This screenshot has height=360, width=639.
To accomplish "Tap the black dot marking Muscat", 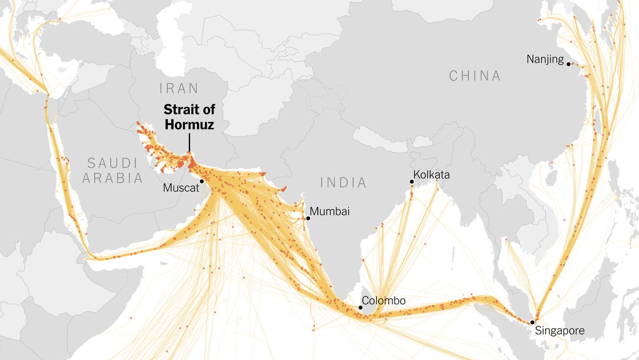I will point(202,182).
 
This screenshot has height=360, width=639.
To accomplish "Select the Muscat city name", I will point(180,187).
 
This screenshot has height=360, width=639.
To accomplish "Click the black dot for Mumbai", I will point(308,218).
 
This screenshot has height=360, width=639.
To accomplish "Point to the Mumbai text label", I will point(330,211).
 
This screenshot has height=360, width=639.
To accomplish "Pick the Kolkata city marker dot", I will point(412,182).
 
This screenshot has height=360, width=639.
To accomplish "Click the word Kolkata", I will point(432,175).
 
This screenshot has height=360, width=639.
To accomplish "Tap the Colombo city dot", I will point(361,308).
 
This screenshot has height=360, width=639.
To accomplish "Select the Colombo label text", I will point(383,301).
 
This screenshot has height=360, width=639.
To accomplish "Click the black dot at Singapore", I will point(532,322).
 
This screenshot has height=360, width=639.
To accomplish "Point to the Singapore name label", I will point(560,331).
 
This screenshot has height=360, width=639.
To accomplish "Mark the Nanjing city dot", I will point(568,64).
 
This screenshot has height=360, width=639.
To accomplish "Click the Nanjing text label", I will point(545,59).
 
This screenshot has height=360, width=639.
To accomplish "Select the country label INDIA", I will point(343,183).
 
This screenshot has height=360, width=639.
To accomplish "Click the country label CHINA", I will point(475,76).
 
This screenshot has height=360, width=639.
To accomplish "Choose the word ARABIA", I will point(113,178).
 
